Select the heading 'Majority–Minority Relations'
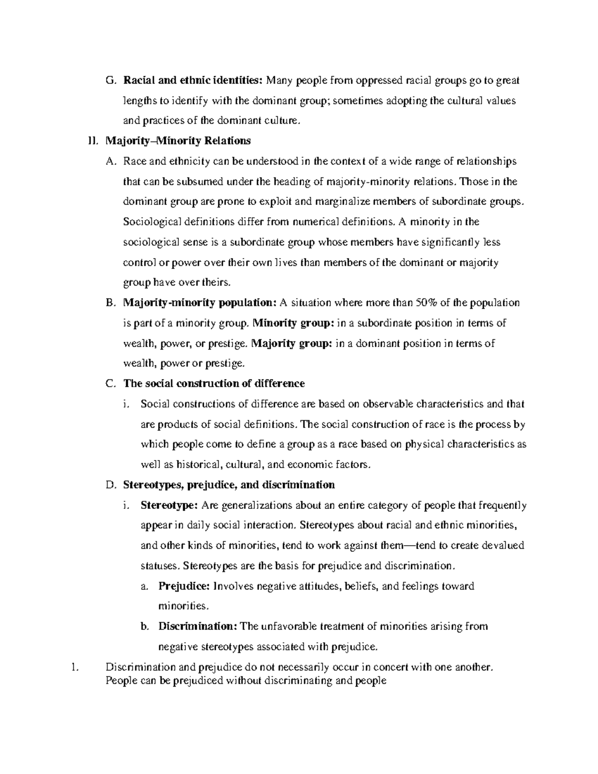point(178,141)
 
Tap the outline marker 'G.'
point(111,80)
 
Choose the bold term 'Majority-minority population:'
point(199,303)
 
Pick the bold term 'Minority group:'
point(294,323)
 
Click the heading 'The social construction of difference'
point(214,384)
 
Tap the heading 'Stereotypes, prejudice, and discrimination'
point(229,484)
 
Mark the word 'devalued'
point(504,546)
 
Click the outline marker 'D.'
point(111,485)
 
